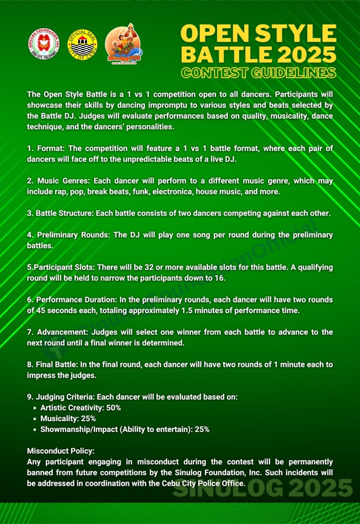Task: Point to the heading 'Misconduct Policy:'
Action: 60,451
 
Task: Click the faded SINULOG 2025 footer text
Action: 263,489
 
